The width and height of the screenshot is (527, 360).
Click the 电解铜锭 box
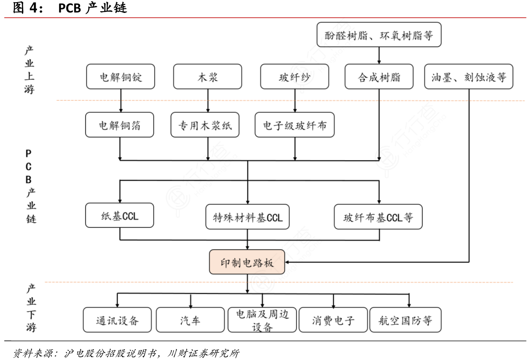[x=120, y=78]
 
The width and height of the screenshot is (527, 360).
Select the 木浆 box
[x=208, y=78]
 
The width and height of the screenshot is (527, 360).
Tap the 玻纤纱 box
[x=294, y=78]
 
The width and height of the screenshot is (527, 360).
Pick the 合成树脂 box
[x=379, y=78]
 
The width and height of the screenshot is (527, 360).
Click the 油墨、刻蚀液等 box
[x=469, y=78]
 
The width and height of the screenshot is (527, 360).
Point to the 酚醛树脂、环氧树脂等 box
[x=379, y=35]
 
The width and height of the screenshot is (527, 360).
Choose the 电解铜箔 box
[x=120, y=125]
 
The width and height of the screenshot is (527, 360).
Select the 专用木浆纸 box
[x=208, y=125]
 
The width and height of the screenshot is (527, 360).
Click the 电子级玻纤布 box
[x=294, y=125]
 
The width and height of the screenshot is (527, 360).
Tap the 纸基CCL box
[x=120, y=215]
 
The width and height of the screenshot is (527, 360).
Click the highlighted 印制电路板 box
[x=247, y=262]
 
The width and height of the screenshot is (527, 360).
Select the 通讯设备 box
[x=118, y=320]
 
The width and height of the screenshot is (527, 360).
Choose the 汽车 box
[x=190, y=320]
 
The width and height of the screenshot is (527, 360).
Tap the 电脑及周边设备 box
[x=262, y=320]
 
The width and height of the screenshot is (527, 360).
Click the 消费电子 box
[x=333, y=320]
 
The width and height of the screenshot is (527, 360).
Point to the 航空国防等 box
[x=406, y=320]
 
